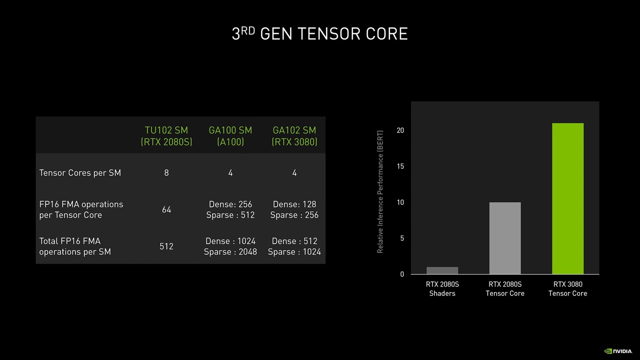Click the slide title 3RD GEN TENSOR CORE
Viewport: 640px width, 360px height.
point(320,34)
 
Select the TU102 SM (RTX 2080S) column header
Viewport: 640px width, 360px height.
point(166,136)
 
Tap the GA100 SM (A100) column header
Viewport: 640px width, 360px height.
point(230,136)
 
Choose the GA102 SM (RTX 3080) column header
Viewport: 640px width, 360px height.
point(294,136)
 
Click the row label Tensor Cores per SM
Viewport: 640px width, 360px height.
point(80,173)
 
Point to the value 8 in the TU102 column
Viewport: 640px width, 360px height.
point(166,173)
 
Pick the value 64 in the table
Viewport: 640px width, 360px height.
point(166,210)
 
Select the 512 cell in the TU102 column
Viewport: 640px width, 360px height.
point(166,246)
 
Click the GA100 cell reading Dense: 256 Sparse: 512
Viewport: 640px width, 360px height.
point(230,210)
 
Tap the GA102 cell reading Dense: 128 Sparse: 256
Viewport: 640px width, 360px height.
point(294,210)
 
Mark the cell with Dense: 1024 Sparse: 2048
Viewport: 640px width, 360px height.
point(230,246)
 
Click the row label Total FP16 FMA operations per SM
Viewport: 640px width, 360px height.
point(75,246)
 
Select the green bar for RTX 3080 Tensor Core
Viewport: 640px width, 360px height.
point(568,198)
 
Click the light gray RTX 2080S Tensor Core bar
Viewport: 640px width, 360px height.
point(505,238)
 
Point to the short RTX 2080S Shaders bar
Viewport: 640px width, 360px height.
point(442,270)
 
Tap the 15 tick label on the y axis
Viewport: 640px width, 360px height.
point(400,166)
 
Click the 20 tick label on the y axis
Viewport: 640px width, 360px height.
point(400,130)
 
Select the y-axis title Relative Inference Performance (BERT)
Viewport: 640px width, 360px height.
point(380,192)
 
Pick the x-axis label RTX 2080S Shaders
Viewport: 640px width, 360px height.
point(442,289)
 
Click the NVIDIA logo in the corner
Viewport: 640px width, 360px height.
point(618,351)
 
